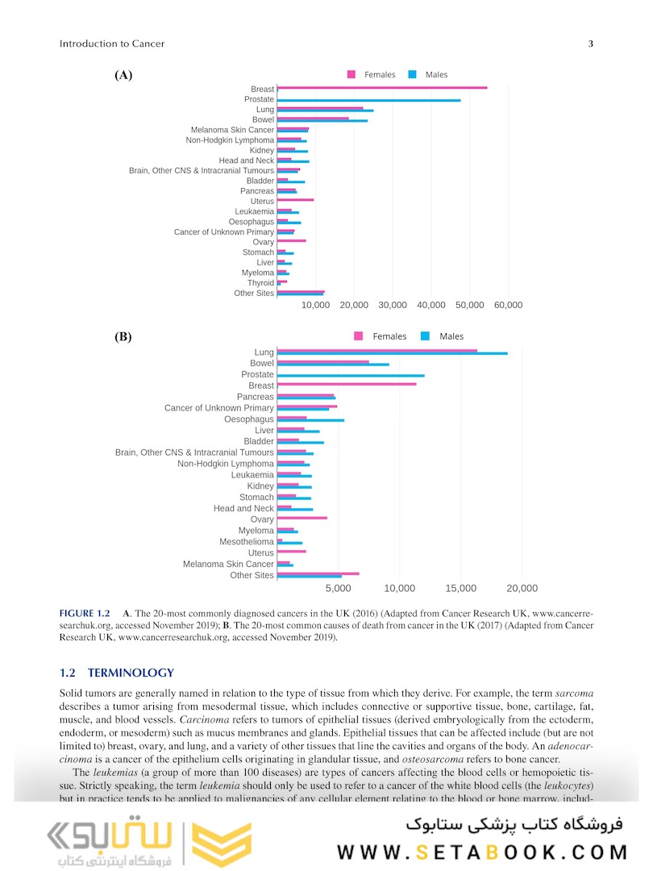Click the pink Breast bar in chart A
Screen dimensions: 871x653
pos(382,88)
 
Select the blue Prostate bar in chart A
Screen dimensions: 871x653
pos(369,101)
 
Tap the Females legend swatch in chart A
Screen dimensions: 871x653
pos(351,75)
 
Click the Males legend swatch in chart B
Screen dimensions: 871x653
pos(425,336)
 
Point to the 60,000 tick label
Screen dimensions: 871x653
pos(508,306)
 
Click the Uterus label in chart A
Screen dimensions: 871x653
pos(262,202)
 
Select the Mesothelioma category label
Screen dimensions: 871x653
pos(247,542)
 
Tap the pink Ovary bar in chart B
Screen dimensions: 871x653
pos(302,518)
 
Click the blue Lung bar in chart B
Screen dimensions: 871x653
pos(393,353)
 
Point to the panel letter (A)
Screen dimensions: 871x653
pos(123,76)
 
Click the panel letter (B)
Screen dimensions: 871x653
pos(123,337)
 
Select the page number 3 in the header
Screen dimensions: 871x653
pos(591,44)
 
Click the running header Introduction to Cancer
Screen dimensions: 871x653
pos(112,44)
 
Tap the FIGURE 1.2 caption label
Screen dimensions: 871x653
pos(85,614)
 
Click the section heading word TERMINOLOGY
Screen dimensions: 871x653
pos(131,673)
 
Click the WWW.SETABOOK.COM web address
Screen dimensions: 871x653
pos(482,852)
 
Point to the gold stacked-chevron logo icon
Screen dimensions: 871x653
pos(213,844)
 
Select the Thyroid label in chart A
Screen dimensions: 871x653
pos(260,283)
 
